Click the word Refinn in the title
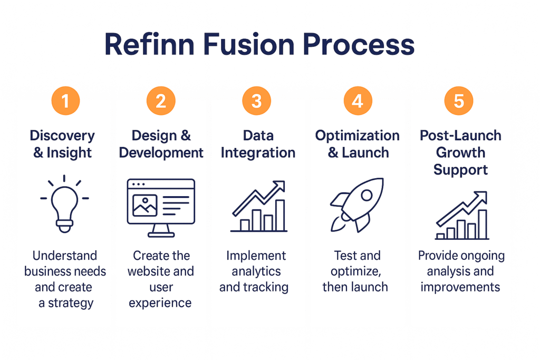[149, 44]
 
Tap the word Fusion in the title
[249, 44]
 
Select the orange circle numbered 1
[65, 101]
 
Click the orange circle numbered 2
[161, 101]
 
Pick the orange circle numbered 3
[257, 101]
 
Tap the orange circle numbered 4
[358, 101]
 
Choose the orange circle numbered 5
[459, 101]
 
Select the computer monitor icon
[161, 208]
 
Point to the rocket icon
[357, 205]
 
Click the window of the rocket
[367, 195]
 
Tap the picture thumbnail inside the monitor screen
[145, 206]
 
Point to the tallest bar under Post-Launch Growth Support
[483, 224]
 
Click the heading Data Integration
[258, 144]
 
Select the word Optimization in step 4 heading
[358, 136]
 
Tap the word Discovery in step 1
[62, 136]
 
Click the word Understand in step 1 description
[65, 255]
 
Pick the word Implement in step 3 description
[256, 256]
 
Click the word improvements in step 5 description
[460, 287]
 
